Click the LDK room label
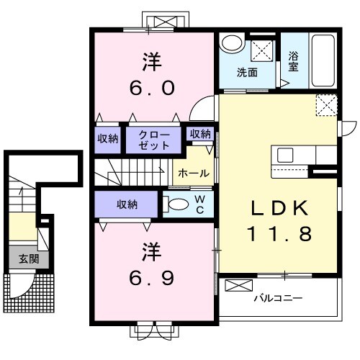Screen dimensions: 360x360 [279, 208]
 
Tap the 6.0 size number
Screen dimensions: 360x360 [152, 88]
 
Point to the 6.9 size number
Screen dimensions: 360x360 [152, 278]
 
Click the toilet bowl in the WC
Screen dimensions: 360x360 [179, 204]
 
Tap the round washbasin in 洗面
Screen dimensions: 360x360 [232, 43]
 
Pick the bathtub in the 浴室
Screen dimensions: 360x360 [323, 60]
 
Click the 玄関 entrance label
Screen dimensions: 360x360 [29, 259]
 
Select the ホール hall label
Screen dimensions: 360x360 [194, 173]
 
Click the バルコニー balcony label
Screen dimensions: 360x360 [279, 298]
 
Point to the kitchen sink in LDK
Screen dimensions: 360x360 [285, 155]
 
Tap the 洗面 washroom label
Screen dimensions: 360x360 [247, 72]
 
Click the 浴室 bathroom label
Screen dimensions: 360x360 [293, 62]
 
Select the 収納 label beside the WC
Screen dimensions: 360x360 [127, 204]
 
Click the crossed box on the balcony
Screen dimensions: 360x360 [239, 286]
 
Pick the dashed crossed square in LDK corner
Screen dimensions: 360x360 [327, 105]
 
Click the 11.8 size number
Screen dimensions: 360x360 [279, 234]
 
